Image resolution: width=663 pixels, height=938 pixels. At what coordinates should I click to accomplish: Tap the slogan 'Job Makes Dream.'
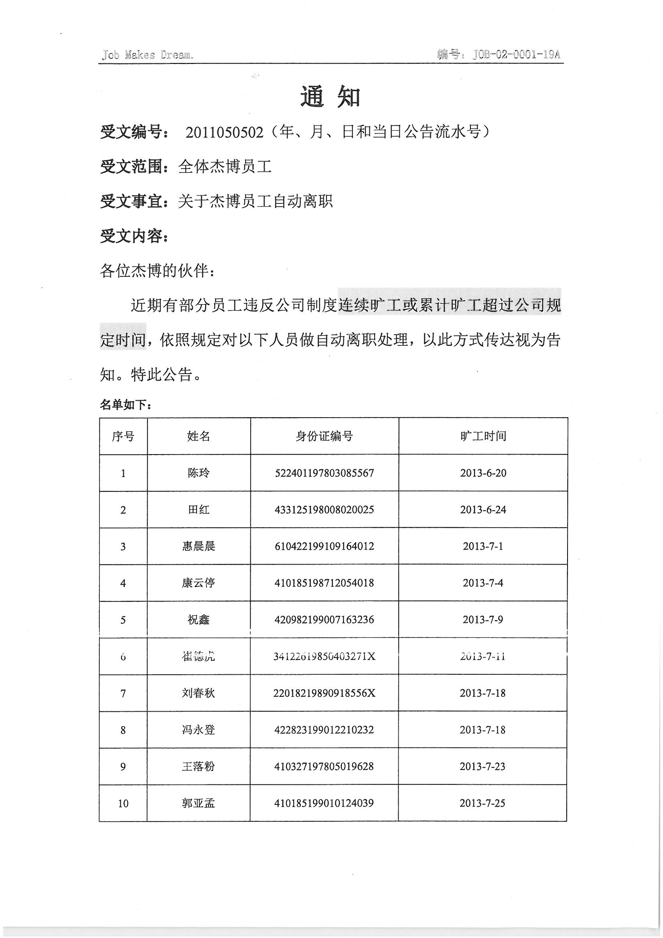[148, 55]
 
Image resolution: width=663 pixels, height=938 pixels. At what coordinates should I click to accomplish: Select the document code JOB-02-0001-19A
[516, 54]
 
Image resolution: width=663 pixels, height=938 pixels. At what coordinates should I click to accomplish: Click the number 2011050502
[224, 132]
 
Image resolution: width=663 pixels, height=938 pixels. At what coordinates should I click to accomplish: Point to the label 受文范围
[132, 166]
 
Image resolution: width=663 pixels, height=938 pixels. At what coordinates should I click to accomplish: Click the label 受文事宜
[132, 201]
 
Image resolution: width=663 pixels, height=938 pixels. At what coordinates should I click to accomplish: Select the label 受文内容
[132, 236]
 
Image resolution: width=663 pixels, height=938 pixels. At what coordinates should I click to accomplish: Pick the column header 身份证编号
[324, 436]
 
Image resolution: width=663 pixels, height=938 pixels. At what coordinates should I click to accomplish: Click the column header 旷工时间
[483, 436]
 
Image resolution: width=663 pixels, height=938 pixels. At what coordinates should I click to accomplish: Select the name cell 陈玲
[199, 473]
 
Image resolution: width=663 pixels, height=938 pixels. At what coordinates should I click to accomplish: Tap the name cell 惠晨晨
[199, 546]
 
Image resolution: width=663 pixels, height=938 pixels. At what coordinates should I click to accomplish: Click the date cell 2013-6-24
[483, 510]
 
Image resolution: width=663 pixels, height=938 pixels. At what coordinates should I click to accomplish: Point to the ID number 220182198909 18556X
[324, 693]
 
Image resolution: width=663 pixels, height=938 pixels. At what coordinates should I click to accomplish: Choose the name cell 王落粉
[199, 766]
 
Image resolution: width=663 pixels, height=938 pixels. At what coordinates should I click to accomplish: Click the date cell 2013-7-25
[483, 803]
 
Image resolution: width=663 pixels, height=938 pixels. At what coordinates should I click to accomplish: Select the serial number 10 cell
[123, 804]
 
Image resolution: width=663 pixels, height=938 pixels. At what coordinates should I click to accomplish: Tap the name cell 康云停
[199, 583]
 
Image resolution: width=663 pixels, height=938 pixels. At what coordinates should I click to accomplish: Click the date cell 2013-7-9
[483, 619]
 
